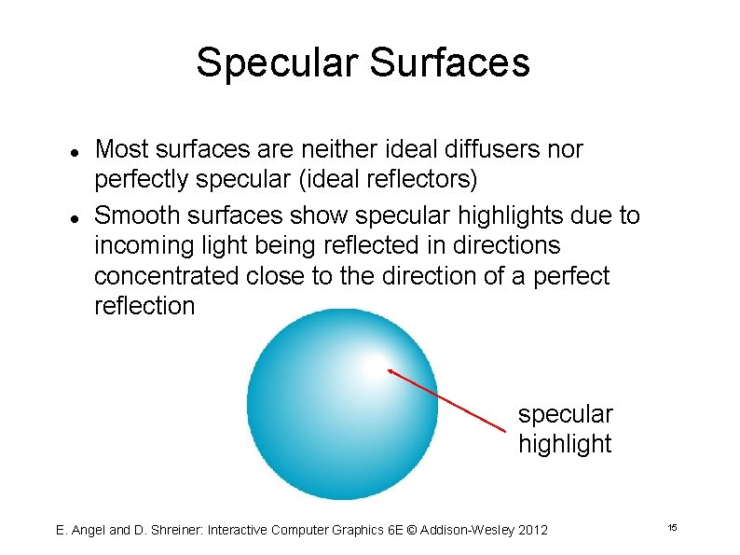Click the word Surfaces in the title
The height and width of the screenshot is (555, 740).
pos(450,63)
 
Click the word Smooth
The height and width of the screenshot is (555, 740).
pos(137,215)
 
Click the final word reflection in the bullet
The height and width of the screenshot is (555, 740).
pos(144,306)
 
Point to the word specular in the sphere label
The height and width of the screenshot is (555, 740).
pos(565,414)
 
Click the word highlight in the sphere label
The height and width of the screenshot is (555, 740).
pos(565,444)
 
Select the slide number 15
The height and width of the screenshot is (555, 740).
pos(671,529)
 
